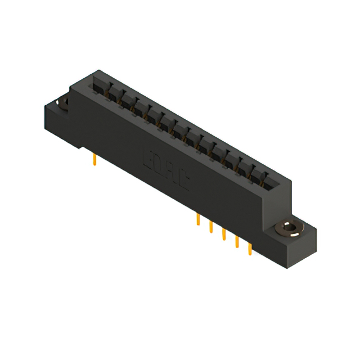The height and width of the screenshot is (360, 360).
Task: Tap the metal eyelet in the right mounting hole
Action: pyautogui.click(x=289, y=229)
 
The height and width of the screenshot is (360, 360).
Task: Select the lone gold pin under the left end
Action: pyautogui.click(x=95, y=161)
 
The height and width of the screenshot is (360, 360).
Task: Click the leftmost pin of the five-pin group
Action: pyautogui.click(x=198, y=219)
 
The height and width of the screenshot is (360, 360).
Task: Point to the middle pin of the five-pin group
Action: pyautogui.click(x=224, y=233)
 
